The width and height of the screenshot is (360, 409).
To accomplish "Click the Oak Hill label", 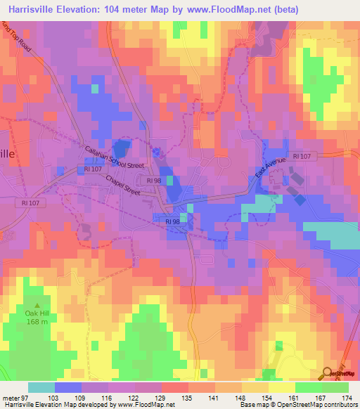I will [x=37, y=313].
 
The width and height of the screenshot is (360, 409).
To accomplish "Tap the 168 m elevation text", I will [x=37, y=322].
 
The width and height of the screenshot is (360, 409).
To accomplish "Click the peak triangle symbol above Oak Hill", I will [x=37, y=305].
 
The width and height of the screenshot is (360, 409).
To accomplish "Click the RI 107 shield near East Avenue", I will [x=302, y=156].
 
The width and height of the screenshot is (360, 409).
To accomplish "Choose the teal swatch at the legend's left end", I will [x=41, y=387].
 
